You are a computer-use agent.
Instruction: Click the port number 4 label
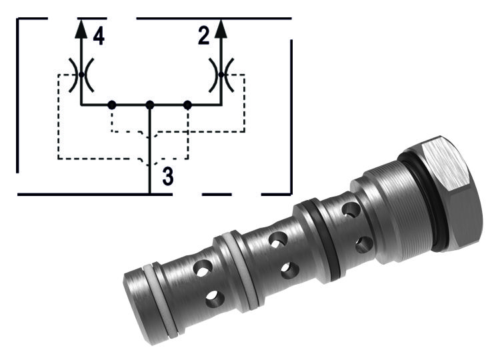point(99,36)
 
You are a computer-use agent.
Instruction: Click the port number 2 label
point(204,36)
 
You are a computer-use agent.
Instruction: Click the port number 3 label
point(169,177)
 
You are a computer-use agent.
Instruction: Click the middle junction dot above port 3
point(150,105)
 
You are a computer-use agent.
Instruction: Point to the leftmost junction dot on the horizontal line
point(112,105)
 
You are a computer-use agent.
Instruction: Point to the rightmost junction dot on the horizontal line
point(187,105)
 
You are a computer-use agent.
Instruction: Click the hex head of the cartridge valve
point(453,193)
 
